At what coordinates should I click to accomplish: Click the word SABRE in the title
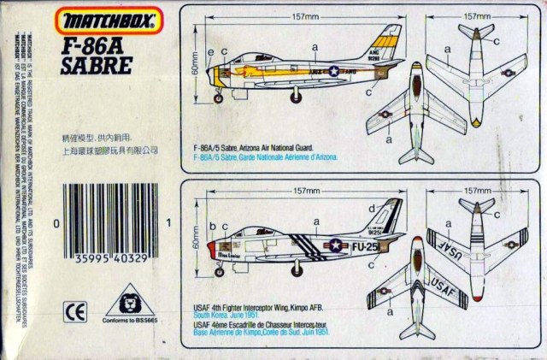click(x=96, y=64)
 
